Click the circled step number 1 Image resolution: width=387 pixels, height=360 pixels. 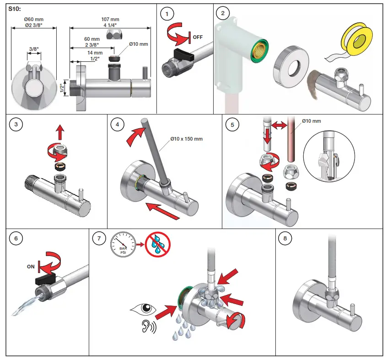point(168,14)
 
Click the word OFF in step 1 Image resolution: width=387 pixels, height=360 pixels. point(198,37)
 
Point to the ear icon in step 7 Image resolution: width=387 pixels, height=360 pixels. point(146,327)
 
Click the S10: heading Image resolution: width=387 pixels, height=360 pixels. point(15,9)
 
